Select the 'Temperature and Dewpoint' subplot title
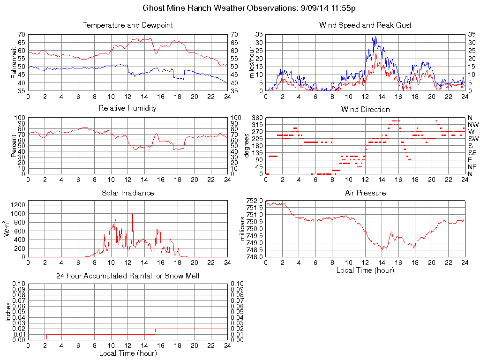pos(127,25)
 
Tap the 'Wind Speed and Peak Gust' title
pos(365,25)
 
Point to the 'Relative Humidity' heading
pos(127,108)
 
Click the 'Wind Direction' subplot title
pos(365,109)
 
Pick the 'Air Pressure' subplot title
pos(365,193)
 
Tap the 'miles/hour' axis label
pos(251,62)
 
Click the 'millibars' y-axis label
pos(242,229)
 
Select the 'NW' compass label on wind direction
pos(472,125)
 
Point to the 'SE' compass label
pos(472,153)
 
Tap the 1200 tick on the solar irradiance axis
pos(18,204)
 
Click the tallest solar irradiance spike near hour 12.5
pos(133,214)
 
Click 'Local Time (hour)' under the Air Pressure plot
pos(365,270)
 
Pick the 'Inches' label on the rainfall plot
pos(8,312)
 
